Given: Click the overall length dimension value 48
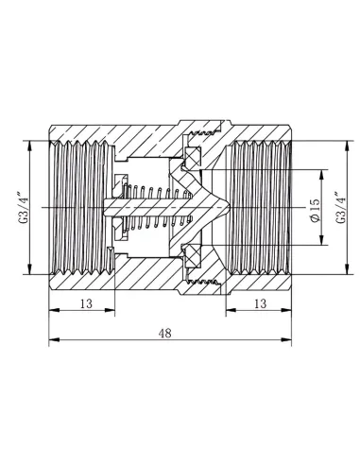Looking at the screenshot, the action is pyautogui.click(x=165, y=333).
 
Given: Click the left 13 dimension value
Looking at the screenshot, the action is pyautogui.click(x=86, y=303).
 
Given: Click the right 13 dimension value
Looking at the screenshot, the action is pyautogui.click(x=260, y=303).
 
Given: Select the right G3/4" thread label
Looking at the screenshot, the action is pyautogui.click(x=341, y=207).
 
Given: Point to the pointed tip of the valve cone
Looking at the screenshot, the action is pyautogui.click(x=230, y=207).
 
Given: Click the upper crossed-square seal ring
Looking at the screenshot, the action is pyautogui.click(x=192, y=157).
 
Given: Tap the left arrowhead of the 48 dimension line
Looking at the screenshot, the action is pyautogui.click(x=54, y=339).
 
